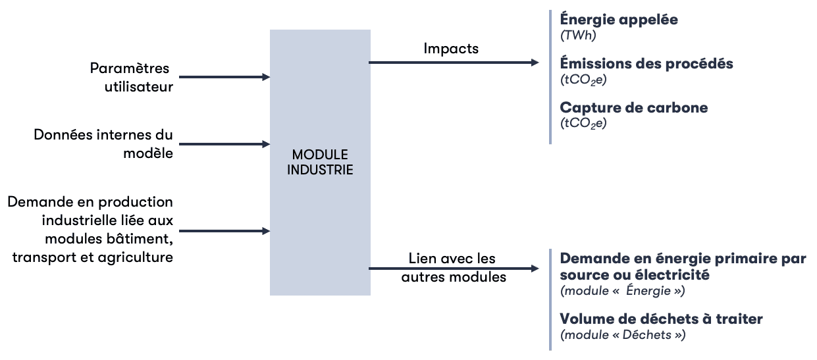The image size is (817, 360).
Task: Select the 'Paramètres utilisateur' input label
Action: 132,77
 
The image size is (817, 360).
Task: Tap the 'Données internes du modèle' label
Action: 103,143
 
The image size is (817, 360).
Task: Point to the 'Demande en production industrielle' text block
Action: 91,229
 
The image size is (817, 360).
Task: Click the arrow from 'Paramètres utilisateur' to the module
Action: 224,77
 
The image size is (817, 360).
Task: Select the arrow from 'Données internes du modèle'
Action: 224,143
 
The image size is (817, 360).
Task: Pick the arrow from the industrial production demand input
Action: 224,231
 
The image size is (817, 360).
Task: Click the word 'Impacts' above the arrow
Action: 451,48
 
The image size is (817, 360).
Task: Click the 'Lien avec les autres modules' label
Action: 453,267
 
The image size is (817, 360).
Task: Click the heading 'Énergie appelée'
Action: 618,20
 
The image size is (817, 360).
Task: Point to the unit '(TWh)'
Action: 577,36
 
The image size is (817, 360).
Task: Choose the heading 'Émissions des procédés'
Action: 646,64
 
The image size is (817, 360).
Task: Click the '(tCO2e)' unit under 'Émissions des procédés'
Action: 583,80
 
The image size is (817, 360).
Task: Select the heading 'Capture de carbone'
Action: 633,107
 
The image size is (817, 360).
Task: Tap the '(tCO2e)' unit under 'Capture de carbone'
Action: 583,123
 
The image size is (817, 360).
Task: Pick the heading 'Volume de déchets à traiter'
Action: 661,319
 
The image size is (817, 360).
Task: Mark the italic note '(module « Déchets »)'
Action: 622,335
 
